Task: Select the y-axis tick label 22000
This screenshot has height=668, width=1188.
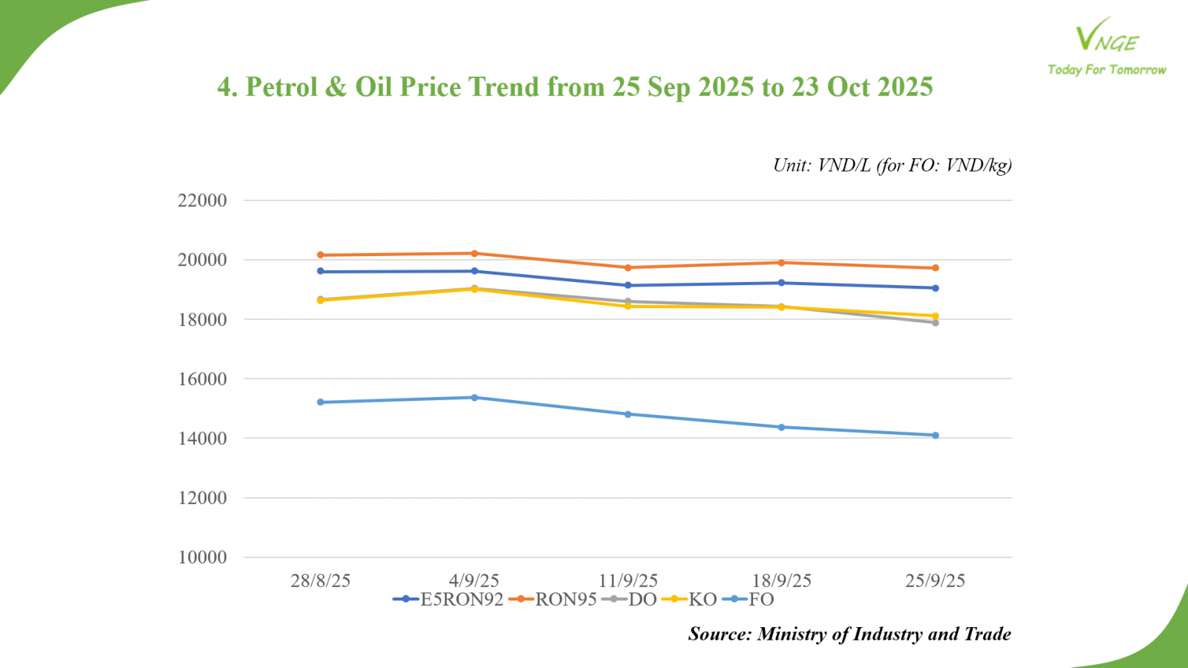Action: tap(202, 200)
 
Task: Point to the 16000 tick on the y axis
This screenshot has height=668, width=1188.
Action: tap(202, 379)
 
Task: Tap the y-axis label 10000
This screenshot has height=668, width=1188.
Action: tap(202, 557)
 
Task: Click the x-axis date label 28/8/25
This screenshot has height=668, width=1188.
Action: tap(320, 580)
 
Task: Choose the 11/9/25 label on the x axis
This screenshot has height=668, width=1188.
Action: tap(628, 580)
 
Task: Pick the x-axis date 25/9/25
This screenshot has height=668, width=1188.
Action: tap(935, 580)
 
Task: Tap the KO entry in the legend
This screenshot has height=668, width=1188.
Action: tap(702, 600)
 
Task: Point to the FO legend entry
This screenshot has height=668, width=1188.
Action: tap(761, 600)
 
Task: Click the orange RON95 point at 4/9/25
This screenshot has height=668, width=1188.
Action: tap(474, 254)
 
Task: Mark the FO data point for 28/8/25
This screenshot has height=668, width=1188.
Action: tap(321, 402)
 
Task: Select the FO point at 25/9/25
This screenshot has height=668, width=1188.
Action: tap(936, 436)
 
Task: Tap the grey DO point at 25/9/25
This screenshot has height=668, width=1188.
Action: tap(936, 323)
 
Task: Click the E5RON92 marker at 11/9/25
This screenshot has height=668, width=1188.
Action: tap(628, 285)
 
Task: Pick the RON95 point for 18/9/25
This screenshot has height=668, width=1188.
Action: tap(782, 263)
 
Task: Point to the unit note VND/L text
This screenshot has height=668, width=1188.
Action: tap(843, 166)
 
